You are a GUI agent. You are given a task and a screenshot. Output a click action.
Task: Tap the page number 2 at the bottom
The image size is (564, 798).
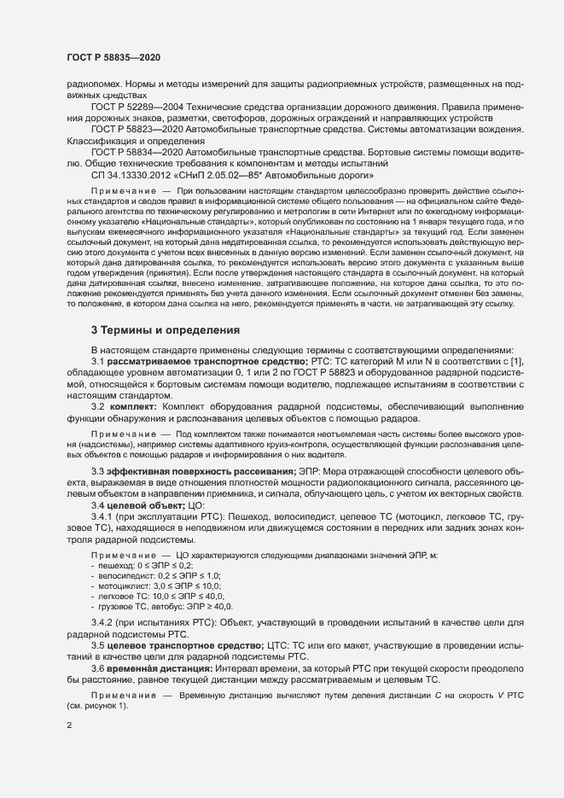click(x=69, y=725)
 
